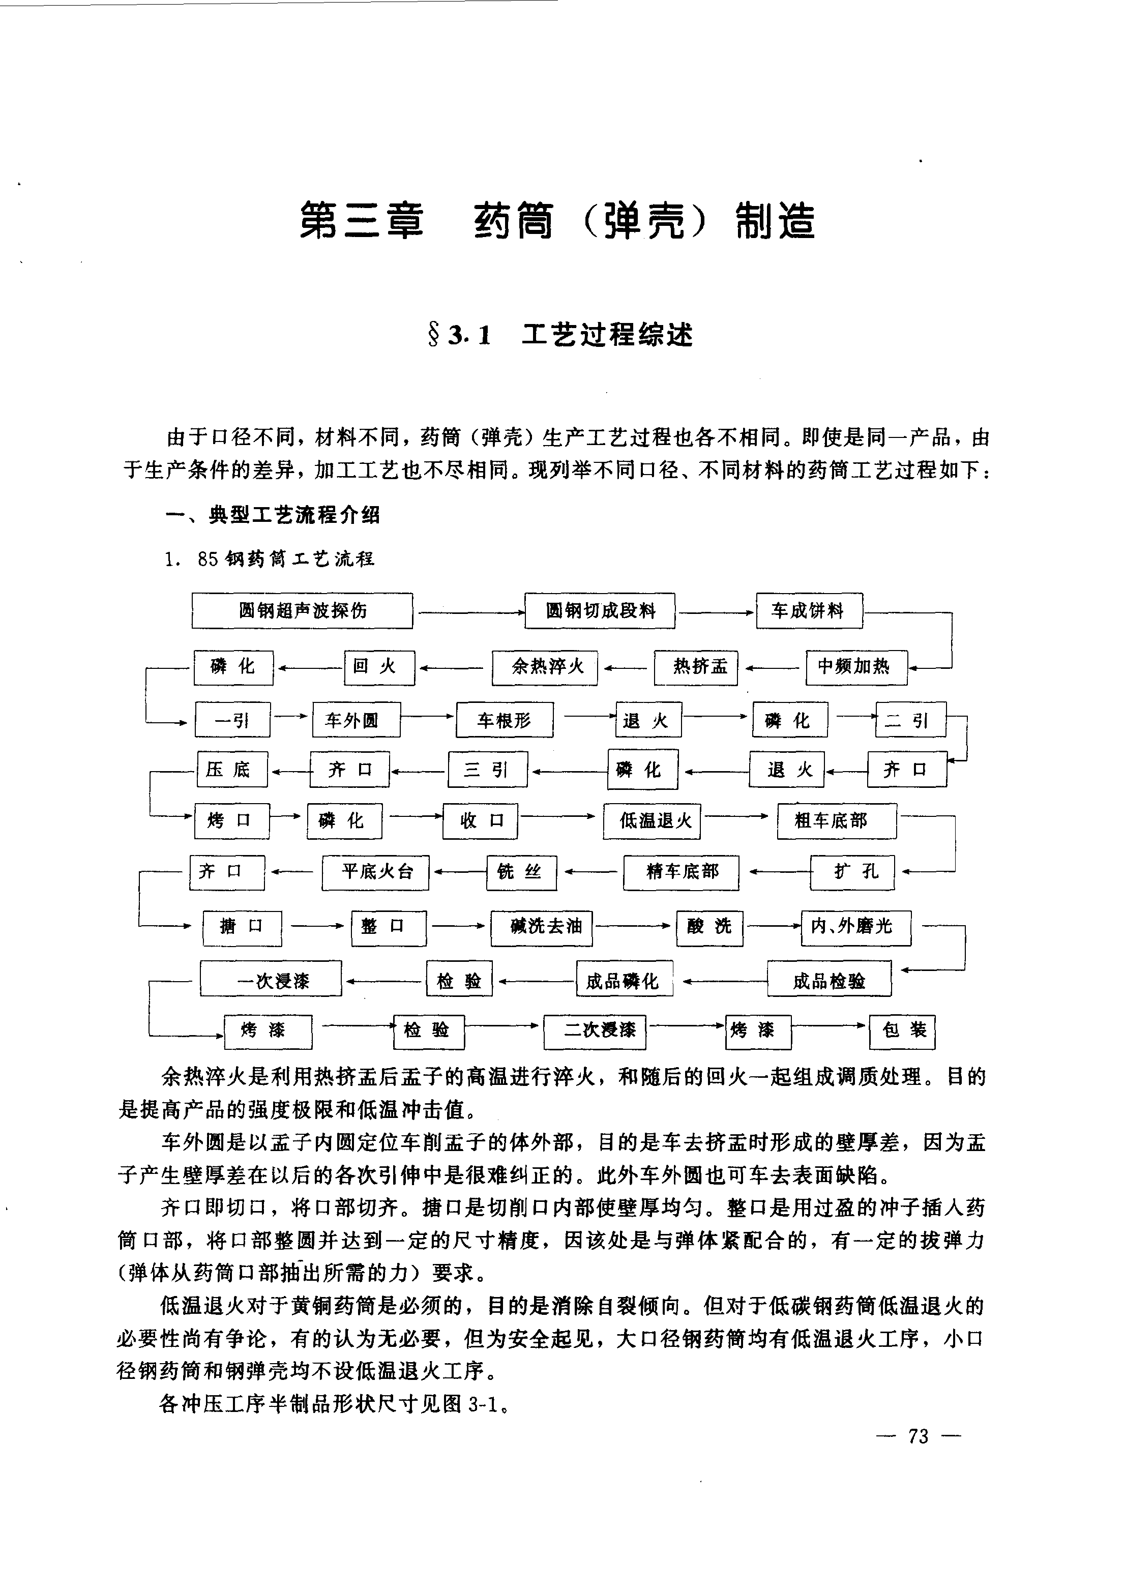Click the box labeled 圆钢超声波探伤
[302, 611]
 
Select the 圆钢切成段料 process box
[600, 611]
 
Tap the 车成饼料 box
[809, 611]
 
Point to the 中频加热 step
[856, 667]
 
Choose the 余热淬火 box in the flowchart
[545, 667]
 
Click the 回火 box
[379, 667]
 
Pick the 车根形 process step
[504, 721]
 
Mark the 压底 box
[232, 770]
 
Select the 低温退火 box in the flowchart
[652, 821]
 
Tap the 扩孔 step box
[852, 872]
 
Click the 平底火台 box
[375, 872]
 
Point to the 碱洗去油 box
[542, 928]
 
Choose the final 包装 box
[902, 1032]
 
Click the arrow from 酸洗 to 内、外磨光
[772, 927]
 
